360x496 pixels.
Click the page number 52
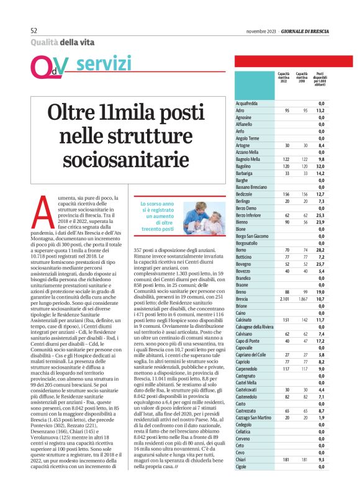[x=35, y=30]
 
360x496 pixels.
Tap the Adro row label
[x=240, y=109]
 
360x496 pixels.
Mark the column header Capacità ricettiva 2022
[x=283, y=78]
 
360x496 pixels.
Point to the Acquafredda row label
[x=247, y=103]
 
